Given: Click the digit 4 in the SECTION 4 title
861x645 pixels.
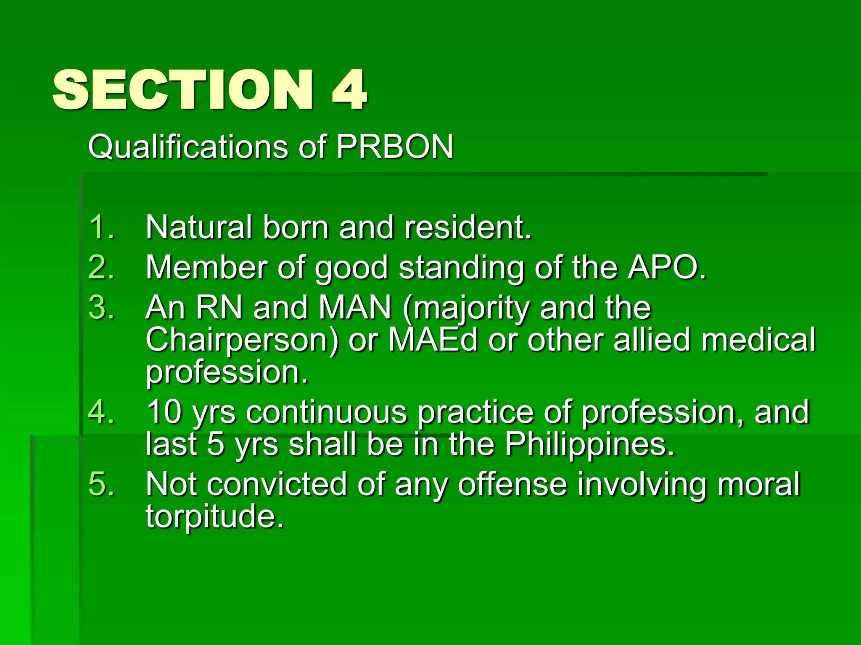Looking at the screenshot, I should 349,90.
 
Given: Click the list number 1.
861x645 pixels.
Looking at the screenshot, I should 101,228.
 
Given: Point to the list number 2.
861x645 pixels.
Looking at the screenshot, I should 101,267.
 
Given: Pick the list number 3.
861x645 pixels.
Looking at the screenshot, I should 101,307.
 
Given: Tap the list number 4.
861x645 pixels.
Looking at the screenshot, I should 101,412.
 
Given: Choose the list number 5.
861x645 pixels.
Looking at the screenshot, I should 101,484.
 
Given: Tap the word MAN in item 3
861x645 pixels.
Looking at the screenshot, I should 355,307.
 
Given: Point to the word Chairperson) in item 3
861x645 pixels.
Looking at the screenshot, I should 242,340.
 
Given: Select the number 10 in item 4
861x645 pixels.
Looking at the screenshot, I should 164,412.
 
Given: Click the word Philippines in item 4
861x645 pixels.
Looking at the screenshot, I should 589,444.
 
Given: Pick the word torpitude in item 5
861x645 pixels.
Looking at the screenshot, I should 212,517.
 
